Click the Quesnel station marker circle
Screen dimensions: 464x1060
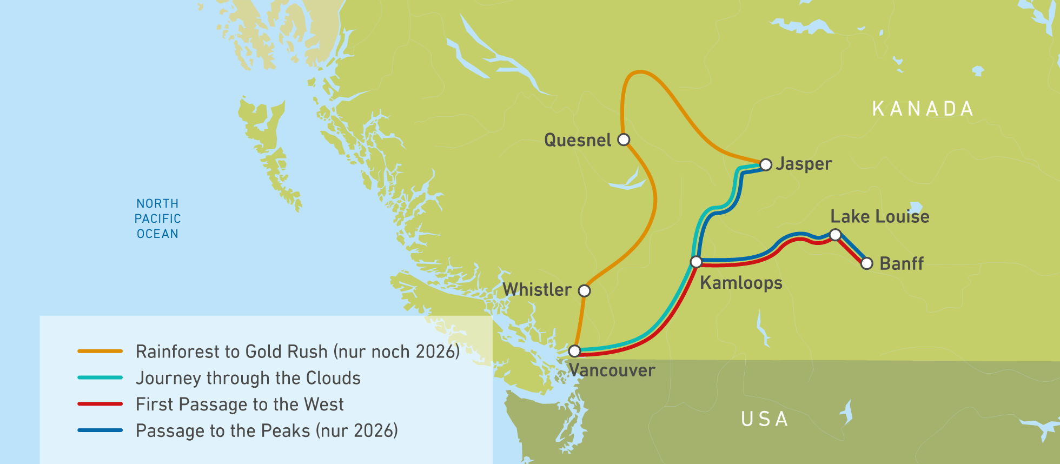(x=624, y=140)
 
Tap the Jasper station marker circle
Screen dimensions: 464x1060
(x=765, y=164)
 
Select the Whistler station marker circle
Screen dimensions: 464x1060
(x=584, y=291)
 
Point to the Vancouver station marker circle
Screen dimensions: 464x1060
(x=574, y=351)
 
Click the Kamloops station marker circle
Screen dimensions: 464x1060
(x=697, y=262)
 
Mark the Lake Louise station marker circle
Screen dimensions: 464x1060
(x=835, y=235)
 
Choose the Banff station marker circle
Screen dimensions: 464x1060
(x=867, y=263)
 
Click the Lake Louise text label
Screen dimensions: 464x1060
(x=879, y=216)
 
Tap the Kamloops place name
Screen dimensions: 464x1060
(x=741, y=283)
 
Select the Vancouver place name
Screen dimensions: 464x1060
(x=612, y=370)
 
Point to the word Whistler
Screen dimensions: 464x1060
(x=537, y=289)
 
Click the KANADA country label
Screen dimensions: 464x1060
(x=923, y=109)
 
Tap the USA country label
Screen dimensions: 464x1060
(x=765, y=419)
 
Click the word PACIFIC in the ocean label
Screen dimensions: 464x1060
(x=157, y=218)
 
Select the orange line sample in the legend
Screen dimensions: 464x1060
(x=100, y=351)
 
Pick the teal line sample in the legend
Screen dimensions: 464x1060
(x=100, y=377)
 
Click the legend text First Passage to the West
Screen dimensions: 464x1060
(x=240, y=404)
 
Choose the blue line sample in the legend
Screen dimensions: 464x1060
(x=100, y=430)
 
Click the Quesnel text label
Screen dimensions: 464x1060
(x=577, y=140)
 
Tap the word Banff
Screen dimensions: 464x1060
(x=901, y=263)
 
